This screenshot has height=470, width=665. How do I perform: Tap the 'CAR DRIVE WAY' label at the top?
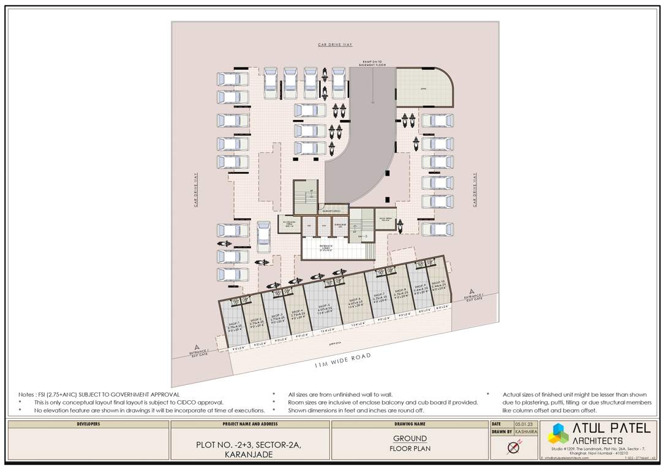coord(335,45)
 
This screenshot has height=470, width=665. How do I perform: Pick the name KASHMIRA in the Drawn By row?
coord(525,432)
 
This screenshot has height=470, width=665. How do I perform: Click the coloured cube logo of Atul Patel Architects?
coord(558,433)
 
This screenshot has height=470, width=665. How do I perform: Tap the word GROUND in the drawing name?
coord(410,438)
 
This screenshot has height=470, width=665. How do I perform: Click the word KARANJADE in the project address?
coord(250,455)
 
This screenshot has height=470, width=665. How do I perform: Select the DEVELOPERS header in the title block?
coord(88,423)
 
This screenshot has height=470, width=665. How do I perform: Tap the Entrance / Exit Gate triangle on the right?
coord(472,293)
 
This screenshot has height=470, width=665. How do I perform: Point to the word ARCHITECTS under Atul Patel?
coord(598,441)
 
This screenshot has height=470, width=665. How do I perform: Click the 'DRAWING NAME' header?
coord(410,423)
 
